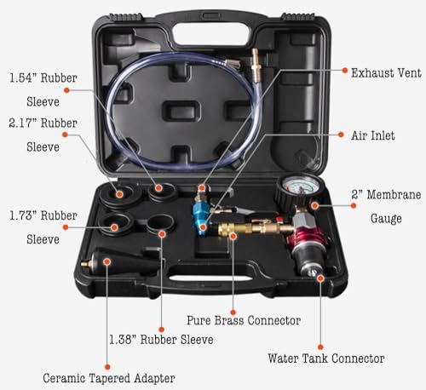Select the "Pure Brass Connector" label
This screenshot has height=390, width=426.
(x=243, y=321)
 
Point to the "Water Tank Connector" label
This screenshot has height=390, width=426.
(x=325, y=358)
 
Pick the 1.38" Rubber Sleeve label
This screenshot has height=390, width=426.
(x=162, y=339)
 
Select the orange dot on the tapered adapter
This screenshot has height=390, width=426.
(x=107, y=262)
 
